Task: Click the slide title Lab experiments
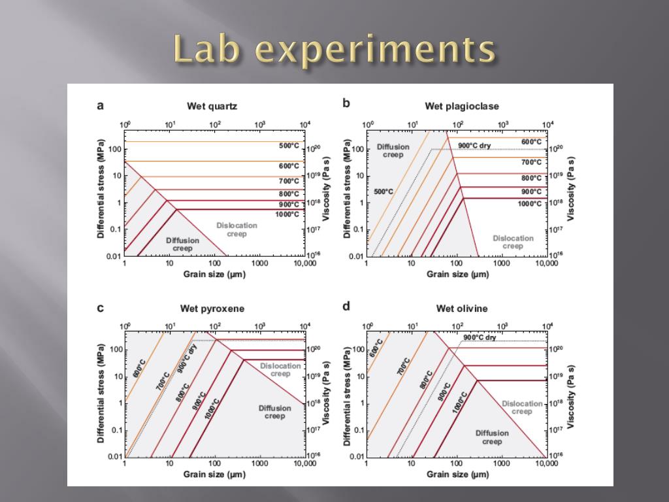(334, 50)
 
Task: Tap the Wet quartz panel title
(212, 106)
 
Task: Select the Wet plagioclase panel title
(462, 106)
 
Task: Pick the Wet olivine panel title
(462, 309)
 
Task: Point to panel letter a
(100, 105)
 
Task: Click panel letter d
(346, 306)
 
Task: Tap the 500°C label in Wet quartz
(289, 146)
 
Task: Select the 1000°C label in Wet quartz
(287, 214)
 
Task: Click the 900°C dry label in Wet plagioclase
(474, 145)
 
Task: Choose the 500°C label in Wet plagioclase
(383, 192)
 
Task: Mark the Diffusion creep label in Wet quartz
(183, 244)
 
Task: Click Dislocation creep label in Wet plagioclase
(513, 242)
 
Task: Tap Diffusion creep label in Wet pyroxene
(274, 412)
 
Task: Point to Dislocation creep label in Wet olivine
(522, 407)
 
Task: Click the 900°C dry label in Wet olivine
(480, 337)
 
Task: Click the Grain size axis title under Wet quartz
(214, 275)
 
